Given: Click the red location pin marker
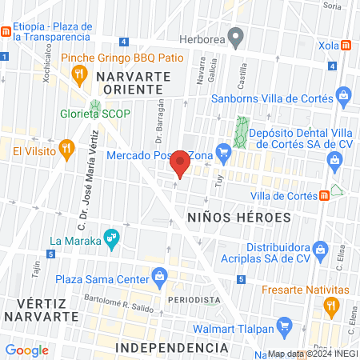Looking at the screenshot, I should [x=181, y=163].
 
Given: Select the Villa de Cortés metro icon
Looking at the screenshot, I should [x=324, y=194].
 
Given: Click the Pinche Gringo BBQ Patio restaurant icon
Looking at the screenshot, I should [x=78, y=75].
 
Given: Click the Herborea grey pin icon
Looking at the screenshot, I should [x=235, y=36].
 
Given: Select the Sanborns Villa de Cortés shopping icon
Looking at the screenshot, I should [x=344, y=98].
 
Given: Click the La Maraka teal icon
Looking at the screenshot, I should [x=112, y=238].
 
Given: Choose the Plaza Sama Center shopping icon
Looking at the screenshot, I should [x=160, y=278].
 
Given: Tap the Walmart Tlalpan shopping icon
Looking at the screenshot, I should [x=282, y=326].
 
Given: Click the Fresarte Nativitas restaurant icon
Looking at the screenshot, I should [x=330, y=305].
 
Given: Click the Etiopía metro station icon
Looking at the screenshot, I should [x=6, y=31].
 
